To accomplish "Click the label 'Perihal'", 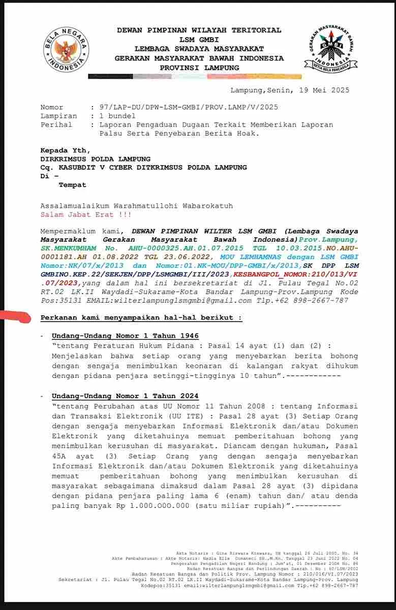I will click(x=56, y=124).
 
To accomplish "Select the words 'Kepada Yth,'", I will click(x=65, y=150).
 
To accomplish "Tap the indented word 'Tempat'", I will click(x=73, y=185).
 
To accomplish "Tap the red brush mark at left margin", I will click(x=18, y=317).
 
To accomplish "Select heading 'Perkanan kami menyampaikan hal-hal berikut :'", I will click(x=141, y=318).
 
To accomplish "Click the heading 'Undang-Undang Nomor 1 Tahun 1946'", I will click(x=125, y=336).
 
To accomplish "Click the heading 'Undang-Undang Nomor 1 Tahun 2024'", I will click(x=125, y=396).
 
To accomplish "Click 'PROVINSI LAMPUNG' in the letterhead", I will click(x=199, y=67).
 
